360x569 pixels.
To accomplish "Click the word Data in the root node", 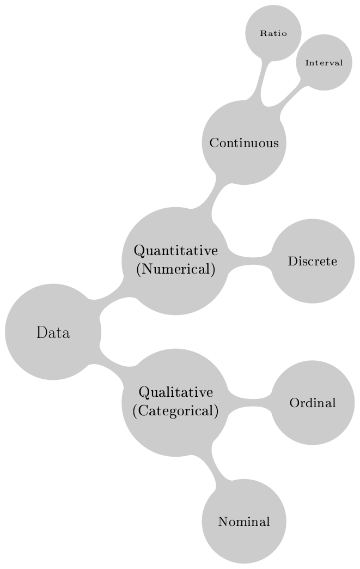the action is pyautogui.click(x=53, y=332).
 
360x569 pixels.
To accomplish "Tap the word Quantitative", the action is pyautogui.click(x=176, y=251).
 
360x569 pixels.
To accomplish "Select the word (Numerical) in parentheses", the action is pyautogui.click(x=176, y=269).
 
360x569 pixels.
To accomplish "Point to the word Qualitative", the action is pyautogui.click(x=176, y=392).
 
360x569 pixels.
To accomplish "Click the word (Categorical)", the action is pyautogui.click(x=176, y=411).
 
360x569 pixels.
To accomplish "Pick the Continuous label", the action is pyautogui.click(x=244, y=143).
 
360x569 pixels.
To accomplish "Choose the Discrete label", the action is pyautogui.click(x=313, y=261).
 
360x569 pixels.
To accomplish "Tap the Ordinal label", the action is pyautogui.click(x=313, y=403).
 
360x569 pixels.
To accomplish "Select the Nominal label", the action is pyautogui.click(x=244, y=522).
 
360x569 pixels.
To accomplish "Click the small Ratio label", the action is pyautogui.click(x=273, y=33).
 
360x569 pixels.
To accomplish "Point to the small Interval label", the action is pyautogui.click(x=324, y=63).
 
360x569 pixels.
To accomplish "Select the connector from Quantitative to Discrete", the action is pyautogui.click(x=250, y=261).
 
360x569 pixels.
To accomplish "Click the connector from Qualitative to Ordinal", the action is pyautogui.click(x=250, y=403).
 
